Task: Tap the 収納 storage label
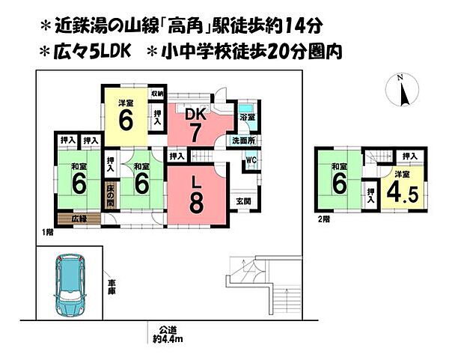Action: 157,94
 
